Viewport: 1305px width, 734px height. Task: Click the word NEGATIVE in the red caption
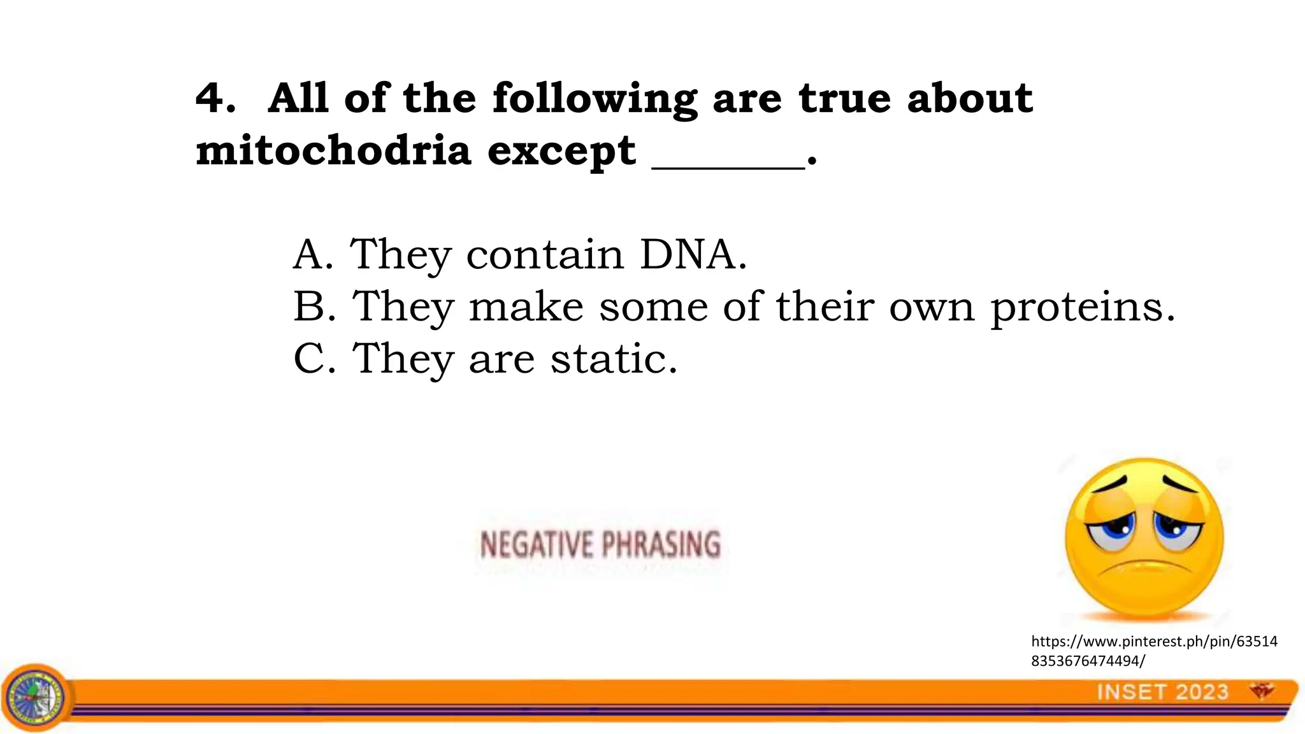pos(536,545)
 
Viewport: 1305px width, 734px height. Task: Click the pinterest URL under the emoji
pos(1154,651)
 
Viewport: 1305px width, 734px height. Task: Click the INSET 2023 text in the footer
pos(1162,692)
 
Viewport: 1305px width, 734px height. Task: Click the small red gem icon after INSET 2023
pos(1261,691)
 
